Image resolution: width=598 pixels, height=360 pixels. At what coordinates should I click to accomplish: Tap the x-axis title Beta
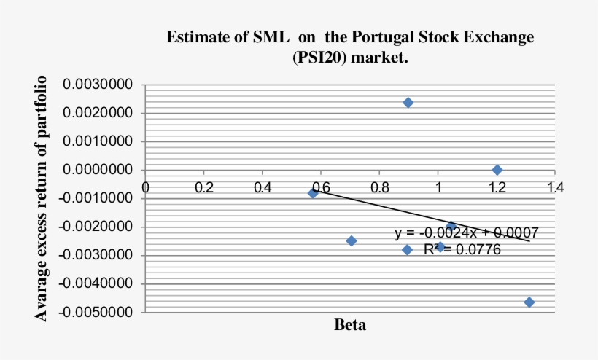pyautogui.click(x=350, y=325)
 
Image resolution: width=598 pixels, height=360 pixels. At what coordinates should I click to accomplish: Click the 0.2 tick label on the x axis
pyautogui.click(x=204, y=187)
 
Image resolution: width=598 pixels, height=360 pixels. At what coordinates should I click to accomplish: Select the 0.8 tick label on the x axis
pyautogui.click(x=379, y=187)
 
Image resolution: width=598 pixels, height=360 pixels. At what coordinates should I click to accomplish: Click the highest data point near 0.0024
pyautogui.click(x=408, y=103)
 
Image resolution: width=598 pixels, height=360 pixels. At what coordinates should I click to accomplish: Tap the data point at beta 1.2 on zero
pyautogui.click(x=497, y=170)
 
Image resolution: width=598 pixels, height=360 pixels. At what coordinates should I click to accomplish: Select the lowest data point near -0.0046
pyautogui.click(x=529, y=302)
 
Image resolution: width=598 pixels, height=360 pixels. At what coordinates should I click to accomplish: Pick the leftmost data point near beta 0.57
pyautogui.click(x=313, y=193)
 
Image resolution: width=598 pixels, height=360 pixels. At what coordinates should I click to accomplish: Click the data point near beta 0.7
pyautogui.click(x=352, y=240)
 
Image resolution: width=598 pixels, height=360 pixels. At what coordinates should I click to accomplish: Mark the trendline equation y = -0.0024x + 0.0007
pyautogui.click(x=467, y=233)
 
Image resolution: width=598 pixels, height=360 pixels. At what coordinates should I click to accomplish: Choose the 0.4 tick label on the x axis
pyautogui.click(x=263, y=187)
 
